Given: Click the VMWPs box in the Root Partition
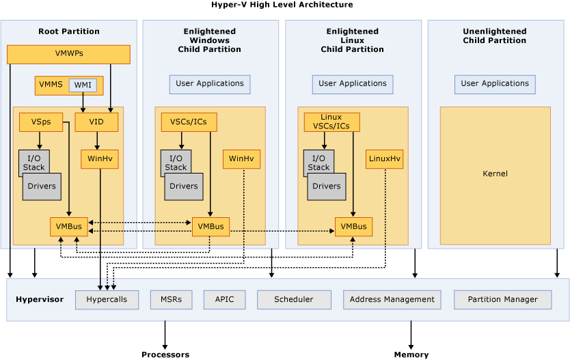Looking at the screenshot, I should [68, 54].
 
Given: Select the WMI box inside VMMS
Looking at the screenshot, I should [83, 85].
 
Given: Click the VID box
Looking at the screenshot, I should [96, 122].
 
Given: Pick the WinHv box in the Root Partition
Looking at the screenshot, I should [100, 159].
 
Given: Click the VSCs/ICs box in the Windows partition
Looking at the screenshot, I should [189, 122].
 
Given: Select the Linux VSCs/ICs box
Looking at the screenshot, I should [331, 122].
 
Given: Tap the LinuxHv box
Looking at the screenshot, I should [385, 159].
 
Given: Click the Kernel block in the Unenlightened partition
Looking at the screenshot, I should [495, 174].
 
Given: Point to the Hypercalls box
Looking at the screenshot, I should [107, 300].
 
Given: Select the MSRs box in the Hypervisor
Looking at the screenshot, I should [171, 300].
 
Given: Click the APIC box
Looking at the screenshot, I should [224, 300].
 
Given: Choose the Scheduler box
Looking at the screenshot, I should [294, 300].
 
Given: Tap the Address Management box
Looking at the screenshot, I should [392, 300].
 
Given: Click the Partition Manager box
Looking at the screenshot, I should [502, 300].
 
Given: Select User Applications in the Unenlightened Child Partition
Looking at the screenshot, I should [495, 84].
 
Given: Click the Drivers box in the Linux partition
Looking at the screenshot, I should [327, 186].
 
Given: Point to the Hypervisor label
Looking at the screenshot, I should [40, 300].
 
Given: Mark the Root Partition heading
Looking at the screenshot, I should [69, 31].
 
